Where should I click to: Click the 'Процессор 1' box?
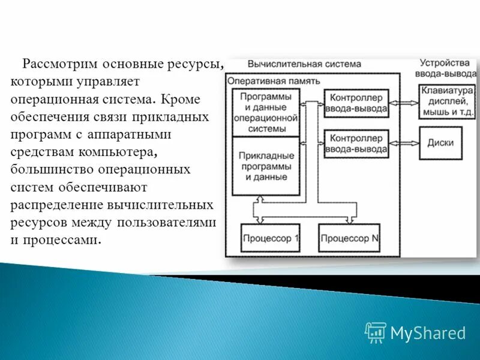click(271, 238)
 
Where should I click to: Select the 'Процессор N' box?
click(349, 238)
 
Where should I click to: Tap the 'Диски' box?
click(440, 143)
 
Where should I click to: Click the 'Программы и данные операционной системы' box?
click(265, 112)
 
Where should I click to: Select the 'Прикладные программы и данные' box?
click(265, 165)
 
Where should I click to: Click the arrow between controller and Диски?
click(404, 143)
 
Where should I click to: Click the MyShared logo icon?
click(375, 332)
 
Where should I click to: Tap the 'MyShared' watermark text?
click(428, 332)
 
